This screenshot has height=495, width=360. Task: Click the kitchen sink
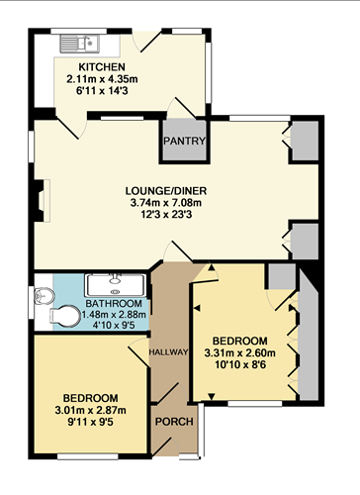coord(76,43)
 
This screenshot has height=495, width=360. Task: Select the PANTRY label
coord(185,141)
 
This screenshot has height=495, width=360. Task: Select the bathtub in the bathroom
coord(116,283)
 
